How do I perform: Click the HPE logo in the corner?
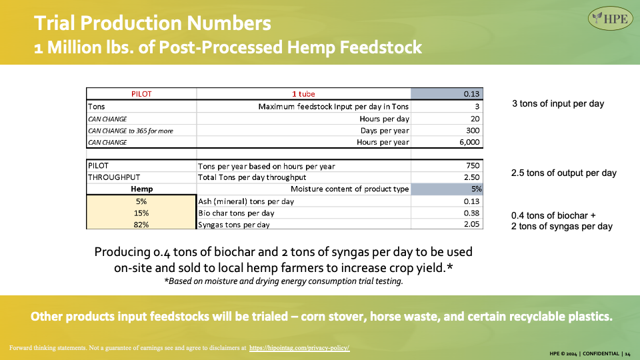click(x=610, y=19)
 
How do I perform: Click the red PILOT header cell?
click(x=141, y=94)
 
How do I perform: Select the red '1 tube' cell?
click(x=303, y=94)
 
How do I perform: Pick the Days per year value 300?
click(x=473, y=131)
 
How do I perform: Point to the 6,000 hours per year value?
click(x=469, y=142)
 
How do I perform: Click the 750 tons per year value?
click(x=473, y=166)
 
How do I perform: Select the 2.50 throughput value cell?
click(x=472, y=177)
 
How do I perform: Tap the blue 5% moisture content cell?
click(x=447, y=189)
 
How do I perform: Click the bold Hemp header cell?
click(x=141, y=189)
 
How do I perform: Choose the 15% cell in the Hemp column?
click(x=141, y=213)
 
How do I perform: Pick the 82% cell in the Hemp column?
click(x=141, y=225)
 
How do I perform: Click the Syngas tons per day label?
click(x=233, y=225)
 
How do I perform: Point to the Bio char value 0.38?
click(x=471, y=213)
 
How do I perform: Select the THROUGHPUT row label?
click(x=114, y=177)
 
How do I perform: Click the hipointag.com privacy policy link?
click(x=299, y=348)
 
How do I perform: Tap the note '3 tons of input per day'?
click(x=558, y=104)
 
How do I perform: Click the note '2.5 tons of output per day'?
click(x=564, y=173)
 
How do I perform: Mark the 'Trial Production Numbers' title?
click(x=152, y=23)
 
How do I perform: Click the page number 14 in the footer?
click(x=627, y=354)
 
